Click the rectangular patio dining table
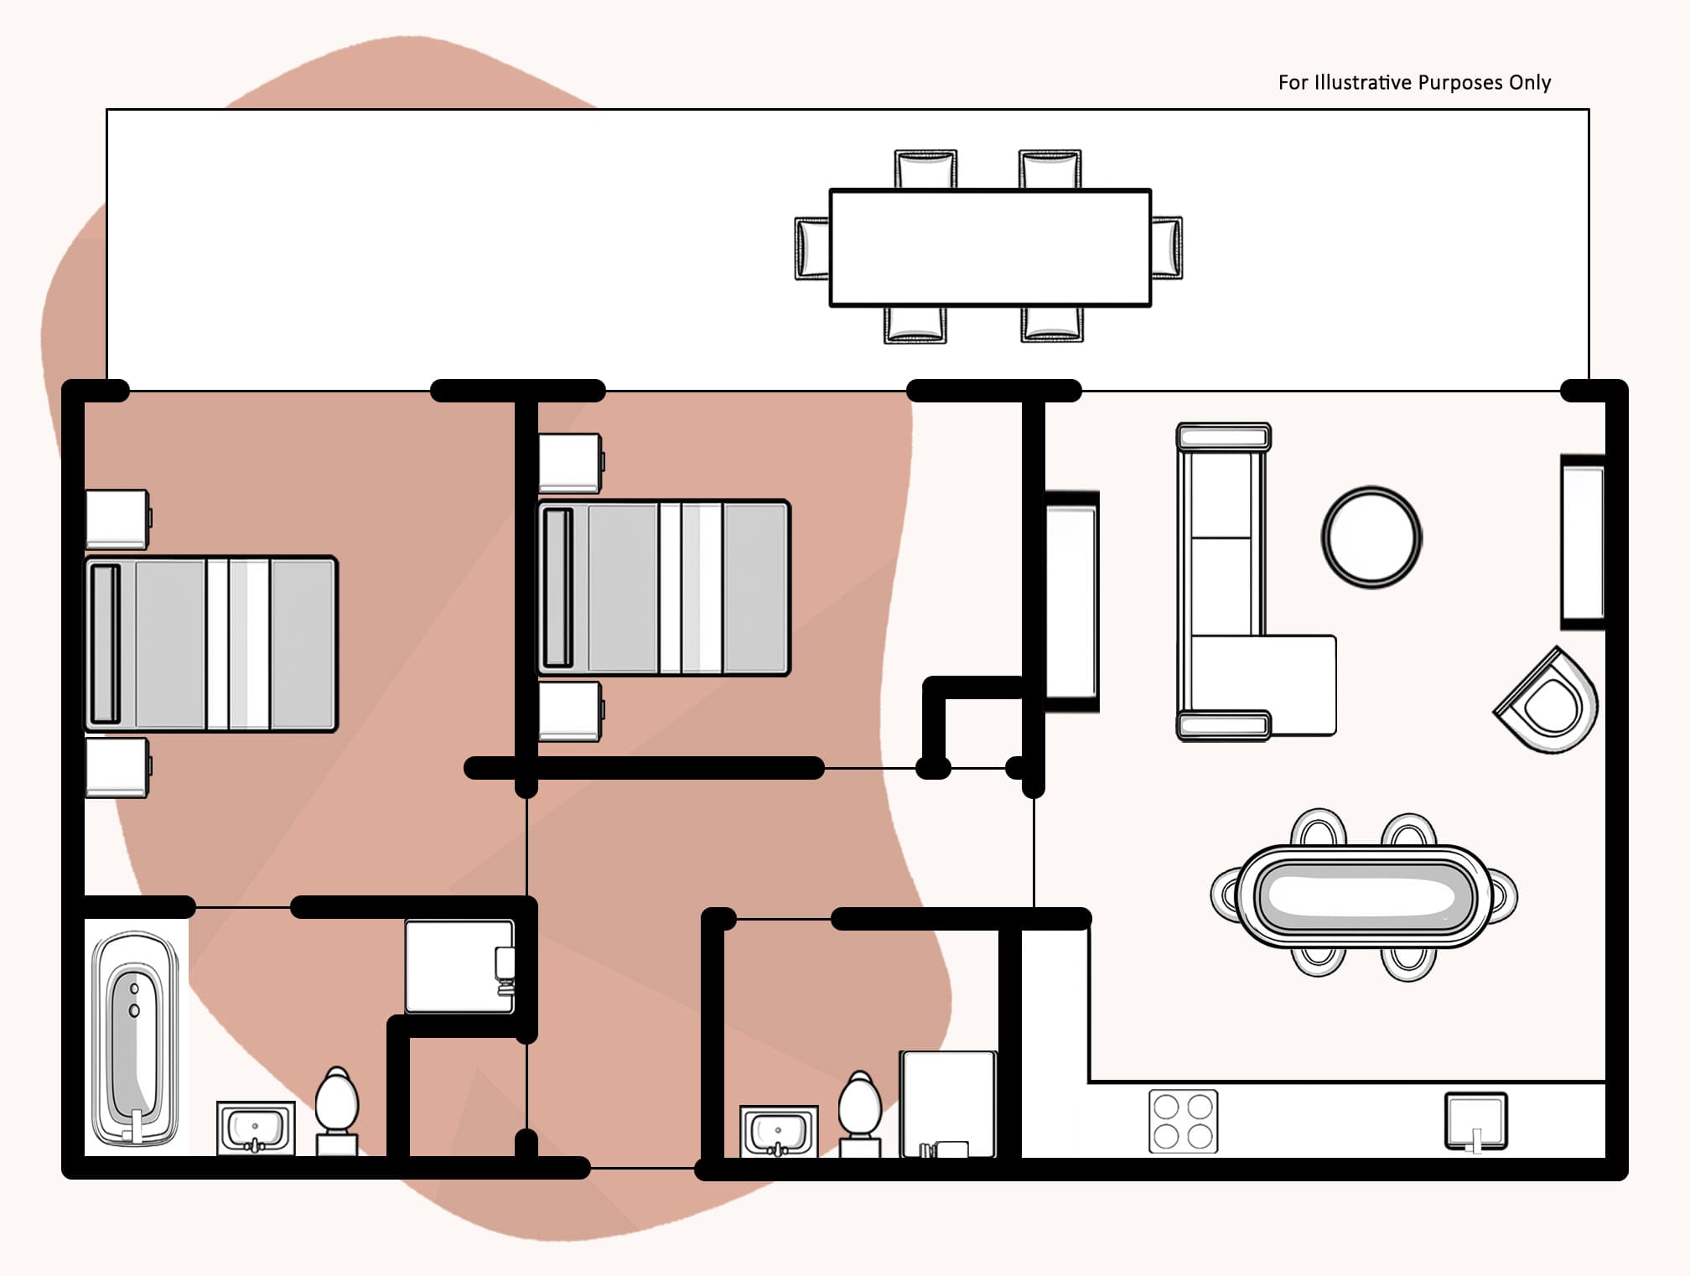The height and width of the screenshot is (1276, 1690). (990, 247)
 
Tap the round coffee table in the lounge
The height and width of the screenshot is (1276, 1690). (1371, 537)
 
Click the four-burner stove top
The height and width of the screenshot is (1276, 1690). (1183, 1121)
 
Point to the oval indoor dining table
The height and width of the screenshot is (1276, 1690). (1363, 896)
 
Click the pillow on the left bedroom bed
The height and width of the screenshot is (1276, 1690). (106, 644)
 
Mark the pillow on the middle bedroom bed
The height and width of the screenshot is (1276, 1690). (558, 587)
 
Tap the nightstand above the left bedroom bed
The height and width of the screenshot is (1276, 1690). (117, 519)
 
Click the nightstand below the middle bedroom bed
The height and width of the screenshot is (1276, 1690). (570, 712)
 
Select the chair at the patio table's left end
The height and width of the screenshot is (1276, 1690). (811, 248)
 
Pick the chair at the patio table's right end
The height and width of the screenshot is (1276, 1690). (1167, 247)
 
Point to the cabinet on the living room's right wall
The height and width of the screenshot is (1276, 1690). (1583, 542)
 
